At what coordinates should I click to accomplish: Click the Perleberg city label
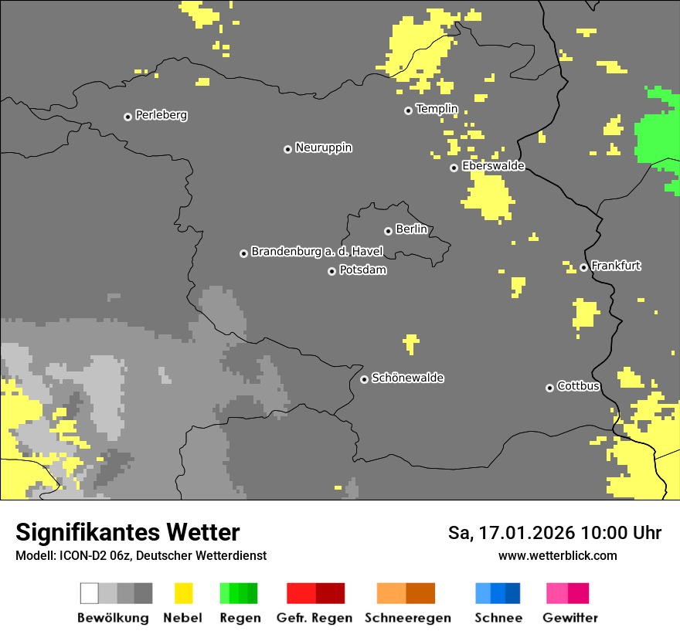[x=161, y=115]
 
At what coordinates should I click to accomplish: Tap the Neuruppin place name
[x=323, y=148]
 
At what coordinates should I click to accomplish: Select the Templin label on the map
[x=437, y=109]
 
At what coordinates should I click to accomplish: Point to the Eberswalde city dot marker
[x=454, y=168]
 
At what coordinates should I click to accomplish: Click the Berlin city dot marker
[x=388, y=231]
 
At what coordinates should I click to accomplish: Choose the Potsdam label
[x=362, y=270]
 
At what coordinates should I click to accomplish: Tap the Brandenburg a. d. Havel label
[x=317, y=252]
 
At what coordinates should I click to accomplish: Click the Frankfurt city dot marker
[x=583, y=268]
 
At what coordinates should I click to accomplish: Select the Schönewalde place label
[x=407, y=378]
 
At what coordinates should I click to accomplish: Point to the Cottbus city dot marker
[x=549, y=388]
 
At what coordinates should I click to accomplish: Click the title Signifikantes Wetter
[x=127, y=532]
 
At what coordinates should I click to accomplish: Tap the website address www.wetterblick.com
[x=557, y=555]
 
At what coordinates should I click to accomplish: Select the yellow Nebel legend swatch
[x=183, y=593]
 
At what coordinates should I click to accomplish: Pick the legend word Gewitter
[x=569, y=618]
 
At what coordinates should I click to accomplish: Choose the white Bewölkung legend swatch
[x=90, y=593]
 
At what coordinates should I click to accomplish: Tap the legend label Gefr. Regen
[x=314, y=618]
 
